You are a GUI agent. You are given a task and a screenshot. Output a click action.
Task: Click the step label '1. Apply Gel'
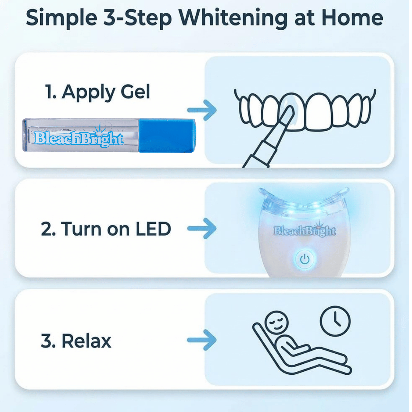[98, 92]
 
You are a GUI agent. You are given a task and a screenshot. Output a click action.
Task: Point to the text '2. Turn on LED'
[106, 229]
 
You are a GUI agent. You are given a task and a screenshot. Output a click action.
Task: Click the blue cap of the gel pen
[167, 136]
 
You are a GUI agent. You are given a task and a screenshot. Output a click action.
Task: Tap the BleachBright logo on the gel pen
[79, 137]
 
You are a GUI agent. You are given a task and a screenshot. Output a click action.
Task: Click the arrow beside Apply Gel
[202, 110]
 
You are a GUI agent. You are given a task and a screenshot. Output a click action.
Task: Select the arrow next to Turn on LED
[202, 229]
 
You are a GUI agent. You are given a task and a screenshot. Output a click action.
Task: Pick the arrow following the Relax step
[202, 340]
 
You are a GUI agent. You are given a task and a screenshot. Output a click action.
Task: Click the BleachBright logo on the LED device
[305, 231]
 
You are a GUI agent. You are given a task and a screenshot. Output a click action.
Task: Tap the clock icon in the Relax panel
[335, 321]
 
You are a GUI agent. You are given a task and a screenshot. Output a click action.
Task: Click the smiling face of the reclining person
[276, 323]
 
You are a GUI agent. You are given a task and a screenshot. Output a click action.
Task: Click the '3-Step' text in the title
[138, 19]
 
